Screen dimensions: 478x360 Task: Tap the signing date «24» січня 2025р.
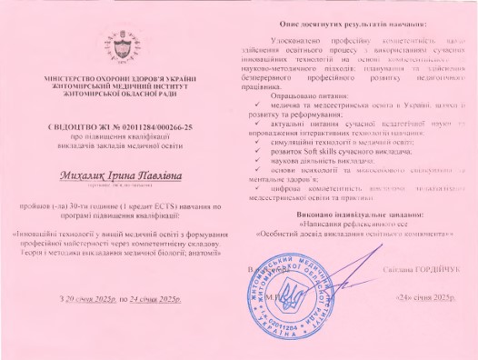click(x=423, y=298)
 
